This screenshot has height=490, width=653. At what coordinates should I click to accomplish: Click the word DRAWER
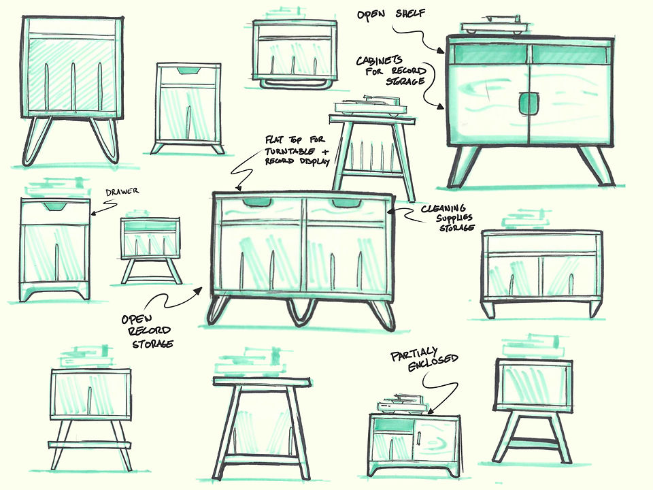click(x=122, y=192)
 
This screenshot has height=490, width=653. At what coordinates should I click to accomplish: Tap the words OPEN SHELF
click(x=391, y=14)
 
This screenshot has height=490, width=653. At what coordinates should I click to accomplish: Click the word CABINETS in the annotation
click(x=379, y=61)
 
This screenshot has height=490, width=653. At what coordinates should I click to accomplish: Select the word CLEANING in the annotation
click(x=443, y=208)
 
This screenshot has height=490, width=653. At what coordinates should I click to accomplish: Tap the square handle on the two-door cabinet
click(x=529, y=103)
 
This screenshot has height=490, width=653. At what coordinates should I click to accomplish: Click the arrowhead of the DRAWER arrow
click(x=94, y=213)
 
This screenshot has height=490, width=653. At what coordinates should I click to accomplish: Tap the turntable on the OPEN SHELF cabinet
click(x=495, y=25)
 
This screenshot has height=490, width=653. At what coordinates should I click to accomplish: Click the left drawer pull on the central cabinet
click(x=256, y=203)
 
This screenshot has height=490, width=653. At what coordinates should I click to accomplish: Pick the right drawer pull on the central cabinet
click(x=346, y=203)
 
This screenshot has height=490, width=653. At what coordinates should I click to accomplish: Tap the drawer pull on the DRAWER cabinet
click(x=54, y=206)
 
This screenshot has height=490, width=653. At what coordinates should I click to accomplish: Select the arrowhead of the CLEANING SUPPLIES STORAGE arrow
click(x=390, y=211)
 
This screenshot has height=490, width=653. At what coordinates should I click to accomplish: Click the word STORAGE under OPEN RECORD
click(x=152, y=344)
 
